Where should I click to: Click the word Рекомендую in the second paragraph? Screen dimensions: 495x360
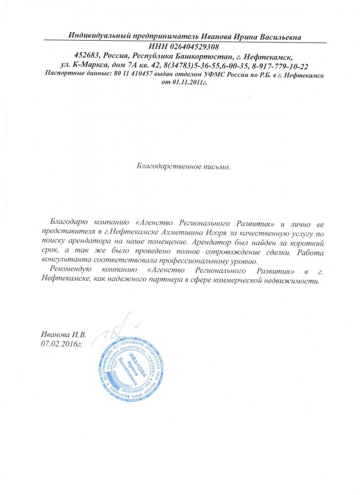72,270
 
